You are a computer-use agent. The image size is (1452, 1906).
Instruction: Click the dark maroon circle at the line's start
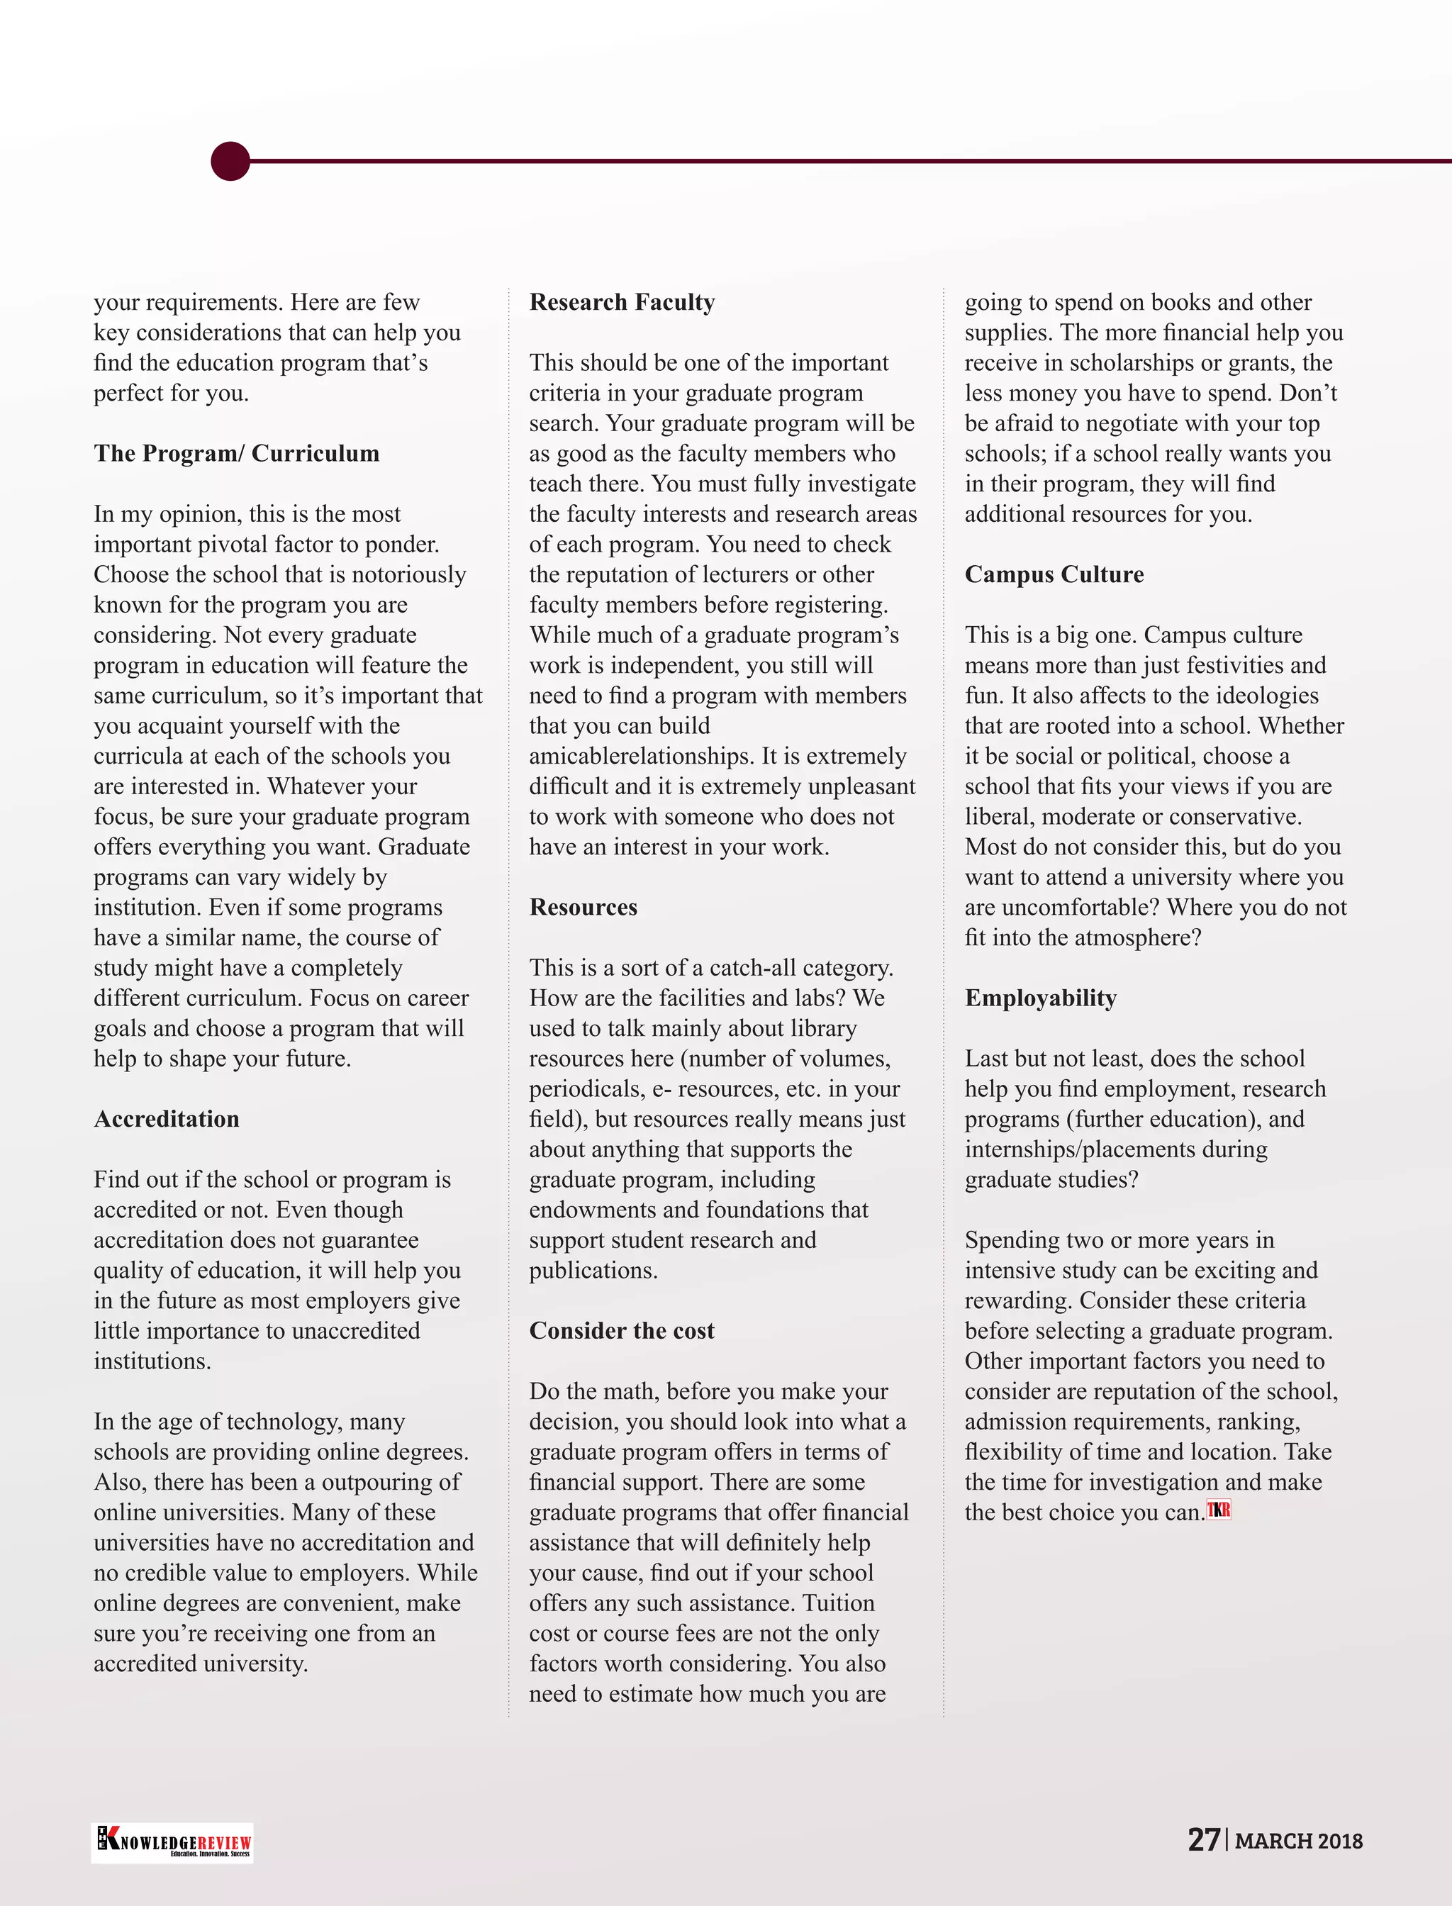(x=230, y=161)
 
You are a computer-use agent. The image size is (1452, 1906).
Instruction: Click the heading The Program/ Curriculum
(x=236, y=453)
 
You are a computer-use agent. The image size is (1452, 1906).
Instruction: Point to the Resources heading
(x=583, y=907)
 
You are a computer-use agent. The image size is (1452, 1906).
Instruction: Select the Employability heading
(x=1040, y=998)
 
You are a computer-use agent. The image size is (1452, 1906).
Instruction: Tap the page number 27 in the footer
(x=1203, y=1839)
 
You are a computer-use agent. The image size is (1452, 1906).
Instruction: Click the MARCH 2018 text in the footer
(x=1298, y=1841)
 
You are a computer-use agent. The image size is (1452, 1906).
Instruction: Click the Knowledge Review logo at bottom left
(x=172, y=1843)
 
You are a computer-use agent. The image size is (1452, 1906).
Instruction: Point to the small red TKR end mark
(x=1219, y=1510)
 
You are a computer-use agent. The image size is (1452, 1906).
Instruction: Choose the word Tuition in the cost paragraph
(x=837, y=1603)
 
